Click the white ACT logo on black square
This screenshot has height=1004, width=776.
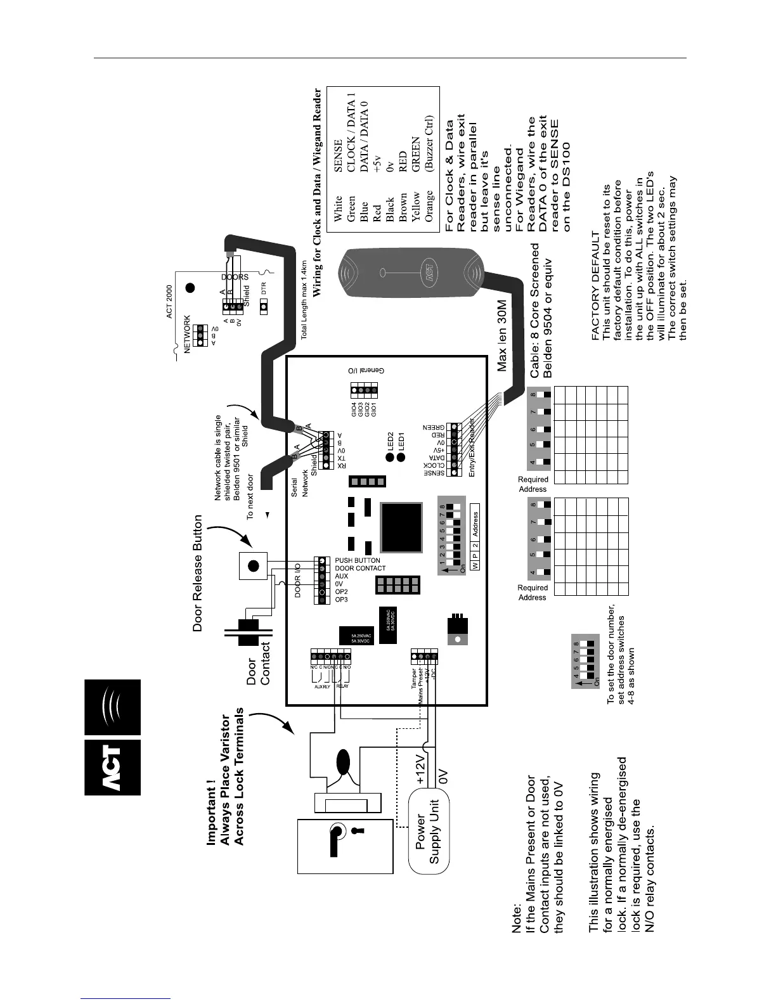point(112,767)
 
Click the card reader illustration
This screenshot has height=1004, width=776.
point(413,276)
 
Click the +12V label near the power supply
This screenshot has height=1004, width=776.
point(423,769)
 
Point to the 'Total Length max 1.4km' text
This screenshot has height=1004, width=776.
point(304,300)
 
